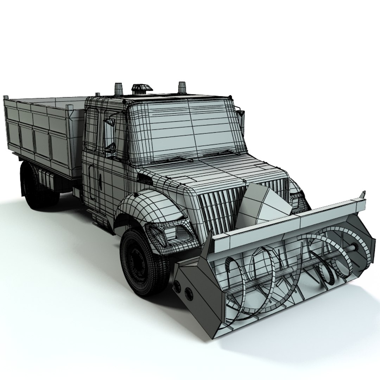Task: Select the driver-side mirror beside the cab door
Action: click(x=110, y=135)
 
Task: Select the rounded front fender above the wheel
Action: click(x=148, y=208)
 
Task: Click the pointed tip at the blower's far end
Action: click(x=363, y=194)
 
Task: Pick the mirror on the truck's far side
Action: click(x=241, y=118)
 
